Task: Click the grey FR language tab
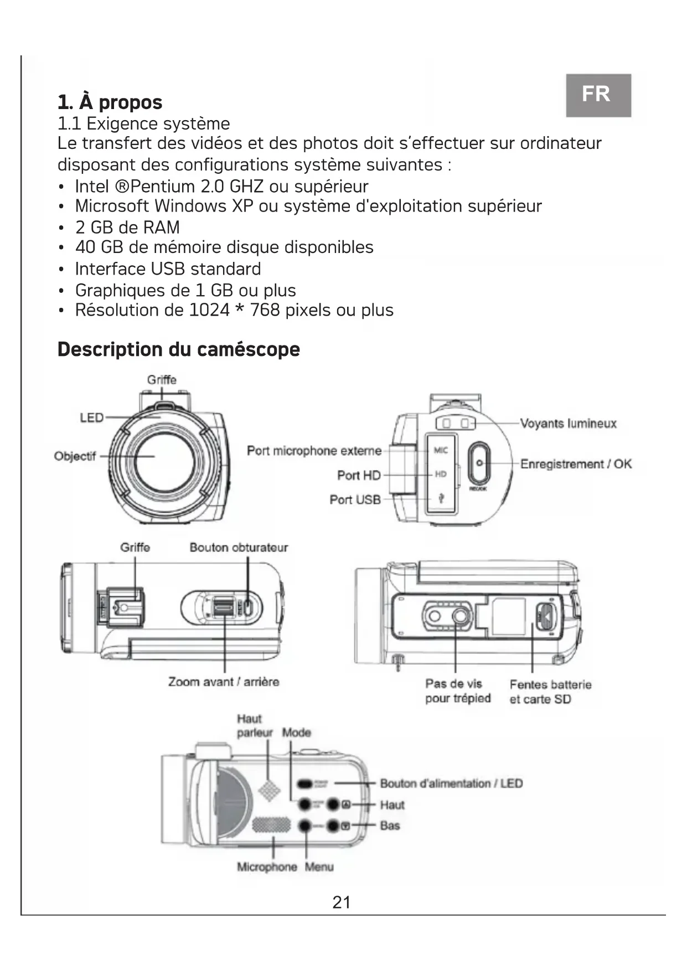pos(598,95)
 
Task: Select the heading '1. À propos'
pos(110,102)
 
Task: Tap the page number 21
pos(341,902)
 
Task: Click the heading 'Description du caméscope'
pos(178,349)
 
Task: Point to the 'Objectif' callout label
pos(75,456)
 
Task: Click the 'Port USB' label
pos(355,499)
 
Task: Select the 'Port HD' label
pos(359,475)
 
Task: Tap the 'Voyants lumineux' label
pos(568,423)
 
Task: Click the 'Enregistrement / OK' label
pos(576,464)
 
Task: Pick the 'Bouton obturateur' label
pos(239,548)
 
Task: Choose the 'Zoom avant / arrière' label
pos(224,681)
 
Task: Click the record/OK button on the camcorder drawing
pos(479,463)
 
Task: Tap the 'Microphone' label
pos(267,867)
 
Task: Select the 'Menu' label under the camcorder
pos(319,867)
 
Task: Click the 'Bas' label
pos(390,826)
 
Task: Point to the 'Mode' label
pos(297,732)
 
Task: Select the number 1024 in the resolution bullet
pos(209,310)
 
